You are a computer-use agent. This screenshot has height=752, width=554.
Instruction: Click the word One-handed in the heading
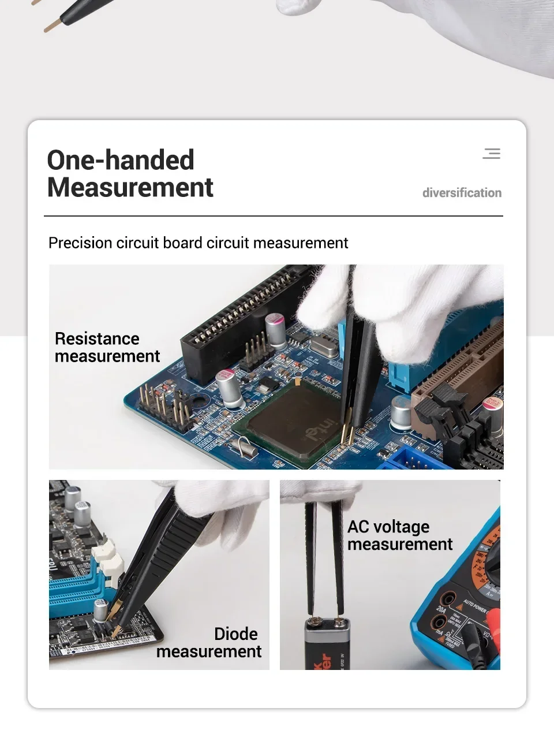point(121,159)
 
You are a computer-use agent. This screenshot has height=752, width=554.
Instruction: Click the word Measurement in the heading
point(130,187)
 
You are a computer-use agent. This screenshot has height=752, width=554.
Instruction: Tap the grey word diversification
point(462,193)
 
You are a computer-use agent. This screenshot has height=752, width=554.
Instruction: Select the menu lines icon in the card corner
point(492,154)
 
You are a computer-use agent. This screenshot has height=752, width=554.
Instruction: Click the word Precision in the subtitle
point(80,243)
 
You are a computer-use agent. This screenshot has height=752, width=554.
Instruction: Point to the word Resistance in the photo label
point(97,338)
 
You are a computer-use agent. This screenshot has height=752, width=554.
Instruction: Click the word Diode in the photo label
point(236,634)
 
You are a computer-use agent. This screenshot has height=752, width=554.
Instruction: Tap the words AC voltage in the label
point(388,527)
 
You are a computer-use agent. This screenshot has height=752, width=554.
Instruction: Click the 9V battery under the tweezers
point(327,643)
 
